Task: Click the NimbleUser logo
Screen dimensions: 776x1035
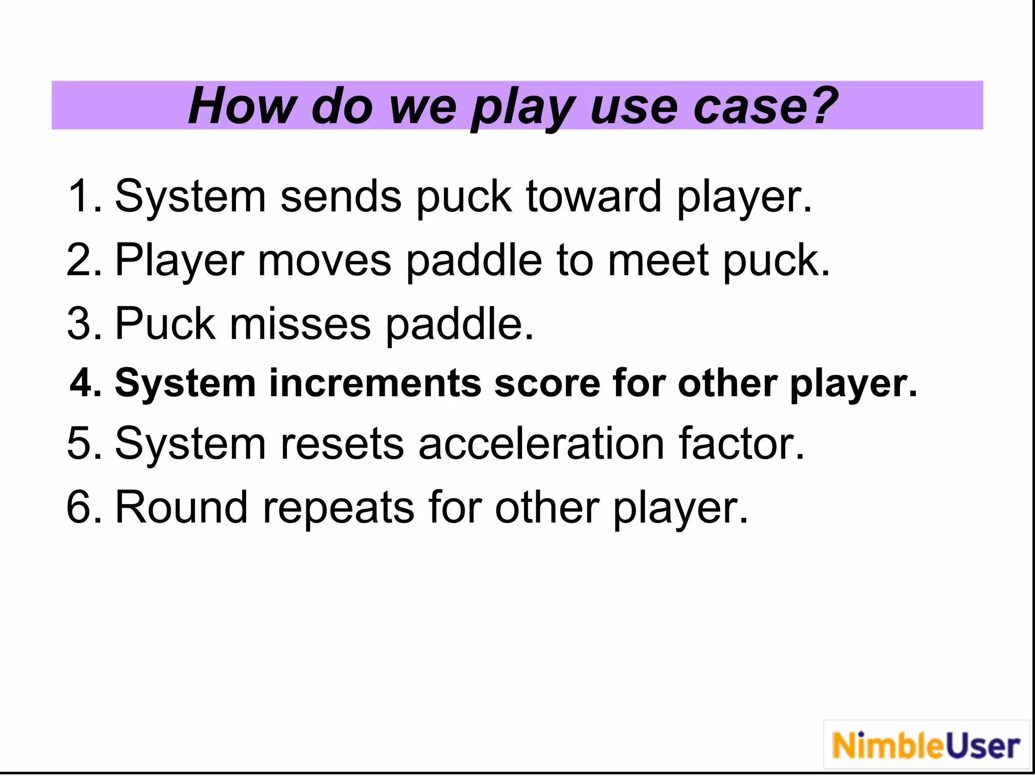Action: [x=926, y=746]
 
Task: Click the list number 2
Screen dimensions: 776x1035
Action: [x=81, y=260]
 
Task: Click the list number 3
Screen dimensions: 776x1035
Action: [x=81, y=324]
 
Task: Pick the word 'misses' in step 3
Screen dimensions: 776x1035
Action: [x=300, y=324]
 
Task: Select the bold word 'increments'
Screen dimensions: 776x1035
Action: [x=374, y=383]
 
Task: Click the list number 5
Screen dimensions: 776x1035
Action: [x=81, y=444]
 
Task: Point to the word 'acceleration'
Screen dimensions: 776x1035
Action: [x=541, y=444]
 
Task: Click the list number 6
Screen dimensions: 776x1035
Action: [x=81, y=507]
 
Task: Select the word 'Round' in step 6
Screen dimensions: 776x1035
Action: [x=182, y=507]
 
